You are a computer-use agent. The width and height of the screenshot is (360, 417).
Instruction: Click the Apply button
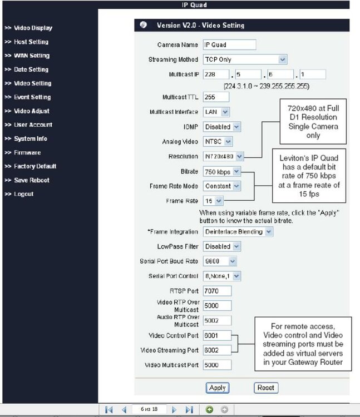(x=217, y=388)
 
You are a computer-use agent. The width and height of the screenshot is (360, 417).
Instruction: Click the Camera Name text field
(x=229, y=44)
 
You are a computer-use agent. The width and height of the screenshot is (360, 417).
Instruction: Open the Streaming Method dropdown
(x=245, y=59)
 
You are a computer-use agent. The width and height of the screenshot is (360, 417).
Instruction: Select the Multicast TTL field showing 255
(x=216, y=97)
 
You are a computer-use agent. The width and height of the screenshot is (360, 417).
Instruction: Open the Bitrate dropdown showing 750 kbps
(x=221, y=172)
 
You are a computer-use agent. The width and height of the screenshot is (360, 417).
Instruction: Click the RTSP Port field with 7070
(x=217, y=291)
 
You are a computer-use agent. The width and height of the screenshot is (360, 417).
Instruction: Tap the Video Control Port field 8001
(x=217, y=336)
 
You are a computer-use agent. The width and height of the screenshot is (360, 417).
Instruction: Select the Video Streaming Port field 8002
(x=217, y=350)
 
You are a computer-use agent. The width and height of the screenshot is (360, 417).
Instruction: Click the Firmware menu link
(x=27, y=152)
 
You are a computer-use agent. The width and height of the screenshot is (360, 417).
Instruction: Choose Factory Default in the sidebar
(x=34, y=166)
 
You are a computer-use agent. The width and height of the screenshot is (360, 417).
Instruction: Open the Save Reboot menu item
(x=31, y=180)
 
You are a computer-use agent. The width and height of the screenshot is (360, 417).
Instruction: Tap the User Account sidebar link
(x=33, y=125)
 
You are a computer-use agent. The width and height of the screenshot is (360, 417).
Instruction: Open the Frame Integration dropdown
(x=238, y=231)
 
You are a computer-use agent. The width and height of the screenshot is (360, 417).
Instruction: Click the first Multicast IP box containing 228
(x=216, y=75)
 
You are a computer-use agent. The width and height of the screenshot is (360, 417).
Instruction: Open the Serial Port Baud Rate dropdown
(x=220, y=261)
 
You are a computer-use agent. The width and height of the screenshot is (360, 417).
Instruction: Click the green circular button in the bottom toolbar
(x=209, y=410)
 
